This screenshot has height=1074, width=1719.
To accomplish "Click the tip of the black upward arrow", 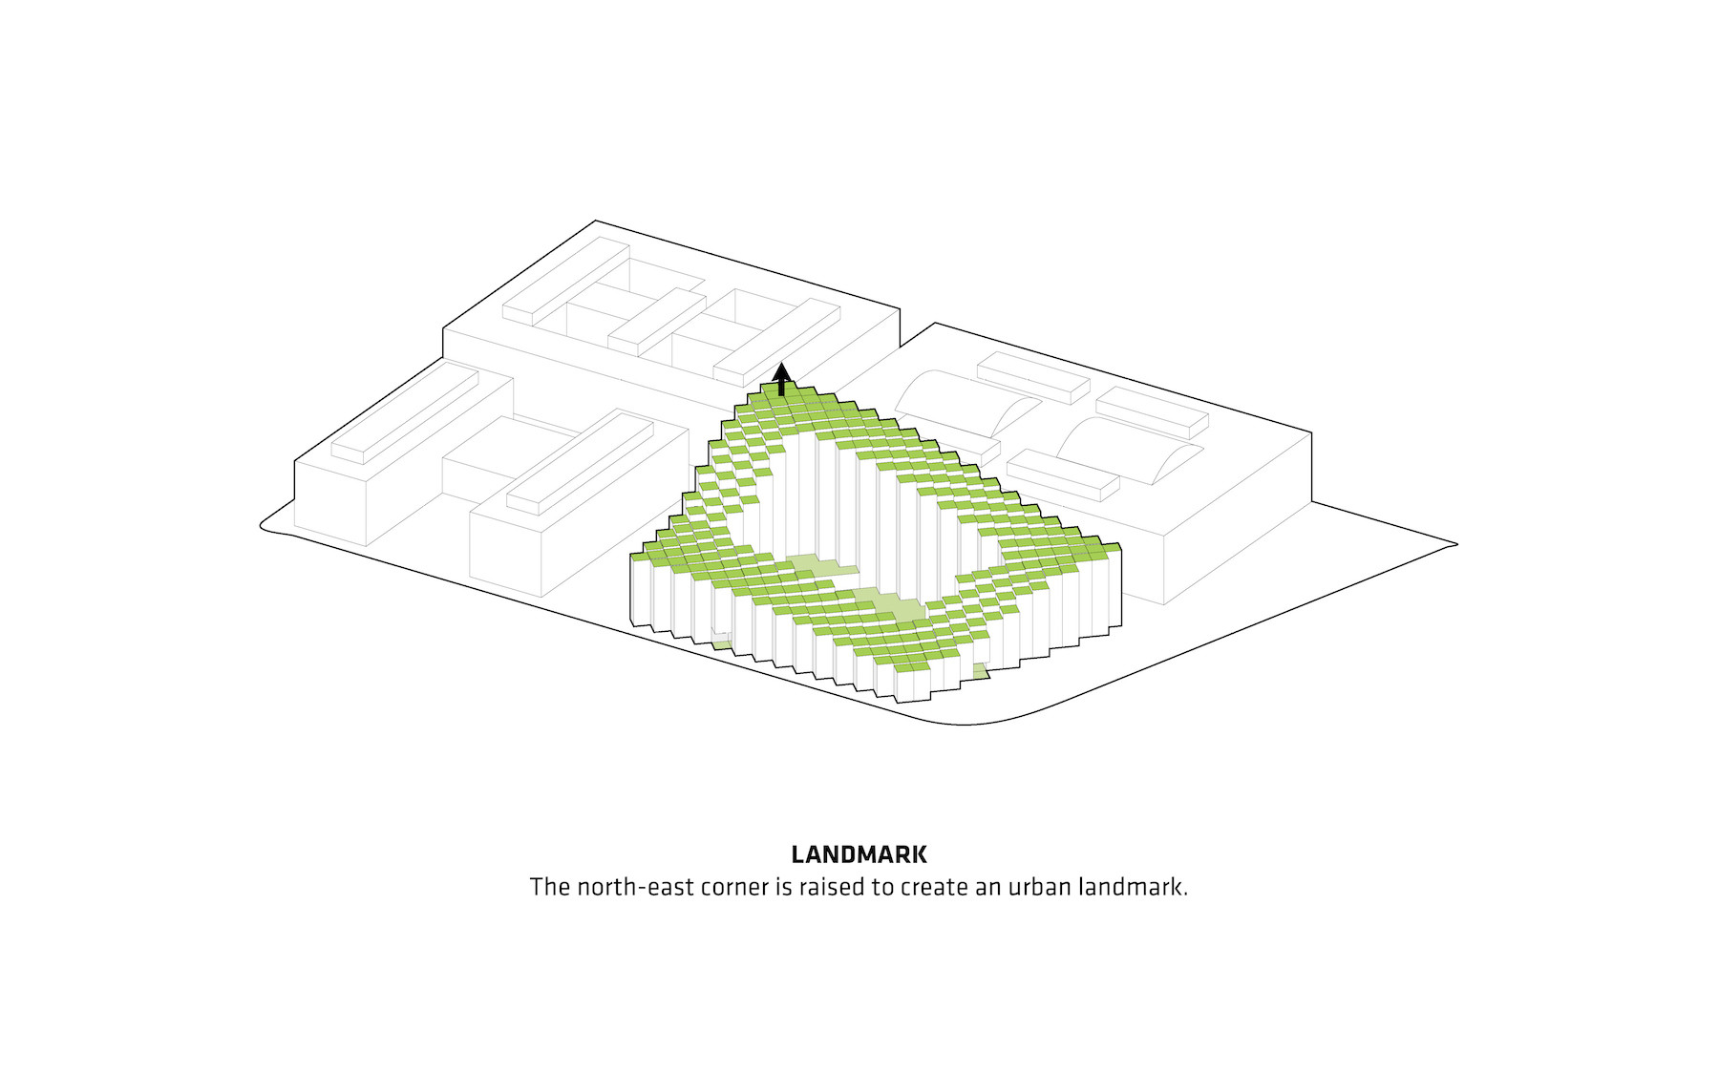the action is click(782, 362).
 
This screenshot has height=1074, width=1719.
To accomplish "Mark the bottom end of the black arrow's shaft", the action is click(782, 395).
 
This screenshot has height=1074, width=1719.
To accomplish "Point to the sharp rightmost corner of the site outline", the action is click(1457, 544).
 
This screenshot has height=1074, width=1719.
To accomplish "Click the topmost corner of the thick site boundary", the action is click(596, 221).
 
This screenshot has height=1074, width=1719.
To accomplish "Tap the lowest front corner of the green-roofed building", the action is click(897, 702).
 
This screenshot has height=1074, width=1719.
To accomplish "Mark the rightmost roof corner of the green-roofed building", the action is click(1121, 545).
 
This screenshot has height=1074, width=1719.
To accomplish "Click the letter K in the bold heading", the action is click(918, 854).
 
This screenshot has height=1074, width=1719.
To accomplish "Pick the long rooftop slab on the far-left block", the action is click(405, 416).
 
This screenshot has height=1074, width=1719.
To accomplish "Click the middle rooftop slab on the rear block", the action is click(657, 323).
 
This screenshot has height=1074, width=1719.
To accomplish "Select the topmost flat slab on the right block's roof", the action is click(1033, 377).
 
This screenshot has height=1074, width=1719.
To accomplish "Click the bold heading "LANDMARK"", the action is click(859, 854).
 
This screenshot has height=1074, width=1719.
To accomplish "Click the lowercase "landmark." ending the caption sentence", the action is click(1134, 887).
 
